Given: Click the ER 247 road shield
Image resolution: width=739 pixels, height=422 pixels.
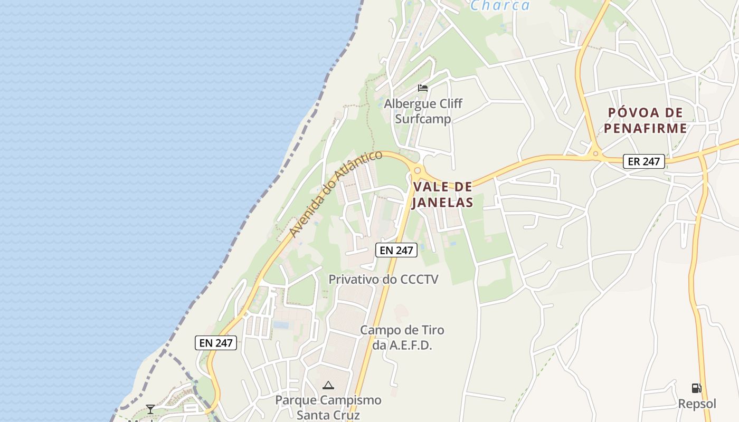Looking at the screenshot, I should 644,161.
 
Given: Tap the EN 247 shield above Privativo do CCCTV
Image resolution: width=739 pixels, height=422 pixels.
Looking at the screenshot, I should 396,250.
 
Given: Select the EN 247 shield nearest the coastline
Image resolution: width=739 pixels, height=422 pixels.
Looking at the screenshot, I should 216,343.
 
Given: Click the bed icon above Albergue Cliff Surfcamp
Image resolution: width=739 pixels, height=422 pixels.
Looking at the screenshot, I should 422,88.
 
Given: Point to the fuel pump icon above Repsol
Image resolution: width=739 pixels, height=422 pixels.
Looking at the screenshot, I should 697,388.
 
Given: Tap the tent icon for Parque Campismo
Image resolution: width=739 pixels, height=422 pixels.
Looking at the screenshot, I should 328,385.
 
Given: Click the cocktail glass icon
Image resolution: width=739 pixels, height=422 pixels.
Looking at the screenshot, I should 150,409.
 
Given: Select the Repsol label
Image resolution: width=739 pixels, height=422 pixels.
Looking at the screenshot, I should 697,404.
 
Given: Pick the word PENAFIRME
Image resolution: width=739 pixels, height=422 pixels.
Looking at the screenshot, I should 646,128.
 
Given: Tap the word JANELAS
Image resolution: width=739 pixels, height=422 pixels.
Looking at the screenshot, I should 443,202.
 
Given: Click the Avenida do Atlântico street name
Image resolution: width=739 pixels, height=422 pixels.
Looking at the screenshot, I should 336,194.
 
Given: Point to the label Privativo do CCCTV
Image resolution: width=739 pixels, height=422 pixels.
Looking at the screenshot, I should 384,279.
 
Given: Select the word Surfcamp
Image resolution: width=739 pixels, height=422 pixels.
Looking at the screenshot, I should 423,119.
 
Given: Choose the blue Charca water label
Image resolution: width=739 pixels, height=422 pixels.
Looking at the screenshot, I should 500,5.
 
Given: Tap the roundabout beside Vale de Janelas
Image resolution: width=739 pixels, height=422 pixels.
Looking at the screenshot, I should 417,170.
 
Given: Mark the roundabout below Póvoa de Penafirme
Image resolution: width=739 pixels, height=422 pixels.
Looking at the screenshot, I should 596,154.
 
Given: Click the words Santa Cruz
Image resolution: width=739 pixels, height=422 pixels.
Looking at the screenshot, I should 328,415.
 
